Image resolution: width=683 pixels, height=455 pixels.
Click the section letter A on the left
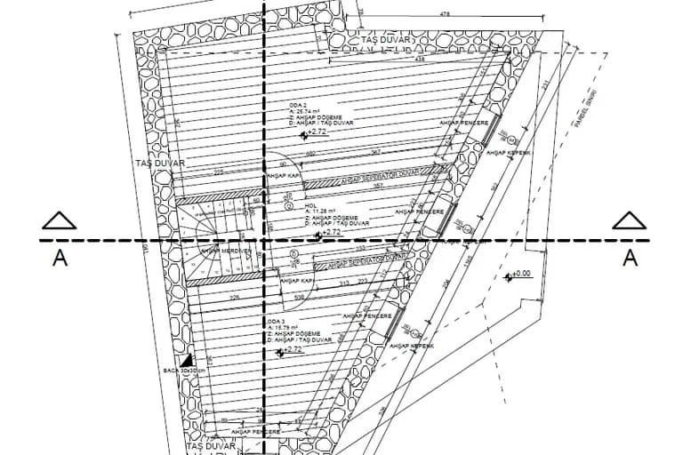click(x=60, y=258)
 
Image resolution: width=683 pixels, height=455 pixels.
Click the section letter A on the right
click(x=630, y=258)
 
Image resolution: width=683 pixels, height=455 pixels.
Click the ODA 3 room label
click(x=276, y=320)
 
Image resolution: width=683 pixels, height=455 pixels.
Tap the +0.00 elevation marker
click(x=519, y=275)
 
